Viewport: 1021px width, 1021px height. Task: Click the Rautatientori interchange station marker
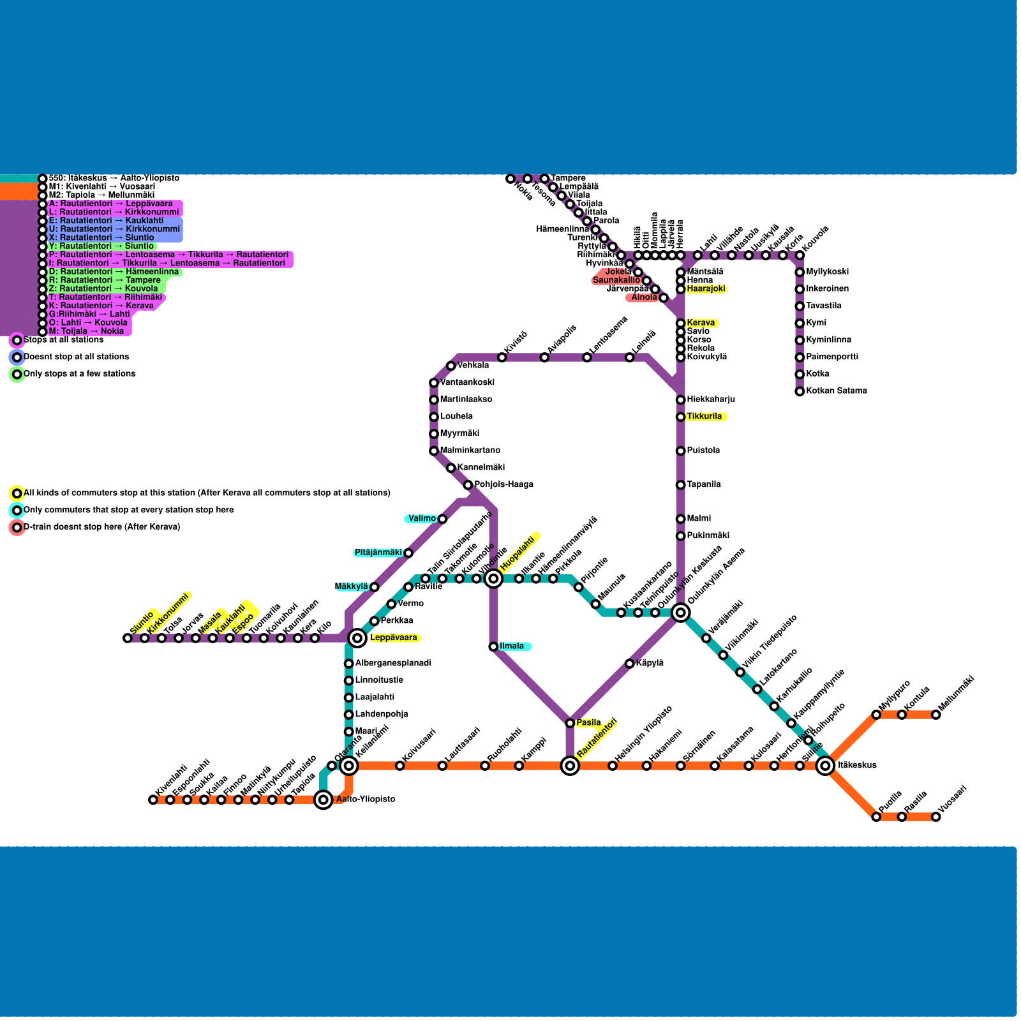tap(570, 765)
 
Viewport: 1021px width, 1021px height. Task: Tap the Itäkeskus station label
tap(857, 765)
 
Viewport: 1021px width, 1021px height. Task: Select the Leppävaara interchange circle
tap(357, 637)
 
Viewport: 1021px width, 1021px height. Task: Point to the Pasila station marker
tap(570, 723)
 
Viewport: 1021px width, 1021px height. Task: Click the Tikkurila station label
tap(704, 417)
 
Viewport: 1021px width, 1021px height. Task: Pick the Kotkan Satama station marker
tap(800, 391)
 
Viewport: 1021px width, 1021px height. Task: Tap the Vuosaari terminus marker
tap(935, 817)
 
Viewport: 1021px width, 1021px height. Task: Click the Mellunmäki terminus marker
tap(935, 715)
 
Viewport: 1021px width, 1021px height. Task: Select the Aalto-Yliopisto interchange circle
tap(324, 800)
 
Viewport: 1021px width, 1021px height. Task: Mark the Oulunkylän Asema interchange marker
tap(681, 613)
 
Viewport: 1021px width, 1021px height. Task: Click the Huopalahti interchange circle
tap(493, 579)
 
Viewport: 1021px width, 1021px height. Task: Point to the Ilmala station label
tap(511, 646)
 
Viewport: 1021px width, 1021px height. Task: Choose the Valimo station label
tap(422, 519)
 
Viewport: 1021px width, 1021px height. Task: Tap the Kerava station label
tap(701, 323)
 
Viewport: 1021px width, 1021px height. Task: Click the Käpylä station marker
tap(629, 664)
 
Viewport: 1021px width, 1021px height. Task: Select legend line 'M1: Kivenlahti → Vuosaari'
tap(101, 186)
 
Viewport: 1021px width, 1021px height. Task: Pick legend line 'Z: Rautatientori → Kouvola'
tap(103, 288)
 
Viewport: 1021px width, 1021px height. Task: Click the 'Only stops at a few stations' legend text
tap(79, 374)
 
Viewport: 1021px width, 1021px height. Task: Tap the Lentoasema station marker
tap(587, 357)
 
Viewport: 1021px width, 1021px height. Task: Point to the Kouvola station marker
tap(800, 255)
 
